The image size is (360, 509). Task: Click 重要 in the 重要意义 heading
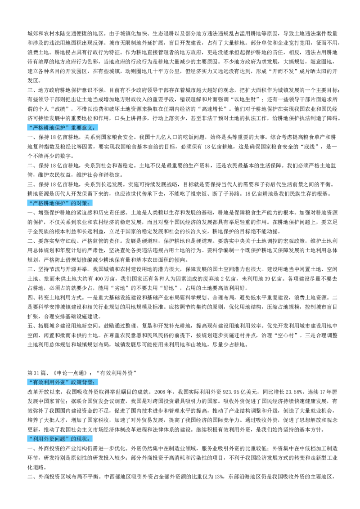point(76,128)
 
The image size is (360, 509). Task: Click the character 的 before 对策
point(74,204)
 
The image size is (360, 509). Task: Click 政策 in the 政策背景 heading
point(76,383)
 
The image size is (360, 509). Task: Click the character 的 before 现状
point(74,439)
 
